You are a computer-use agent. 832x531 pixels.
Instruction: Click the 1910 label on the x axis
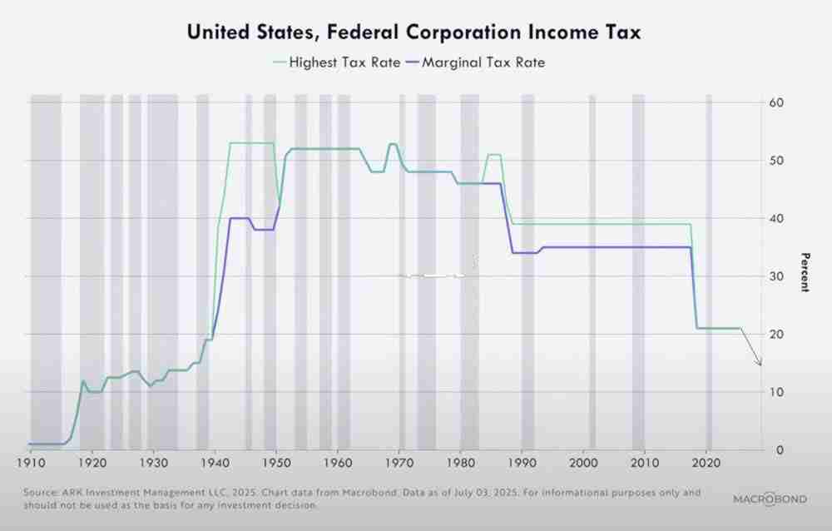31,464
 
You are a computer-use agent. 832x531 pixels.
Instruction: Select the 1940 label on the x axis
215,464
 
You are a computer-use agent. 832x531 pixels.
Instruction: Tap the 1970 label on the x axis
399,464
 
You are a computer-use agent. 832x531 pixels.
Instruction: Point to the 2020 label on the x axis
706,464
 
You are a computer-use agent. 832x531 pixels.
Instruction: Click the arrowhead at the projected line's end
759,363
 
